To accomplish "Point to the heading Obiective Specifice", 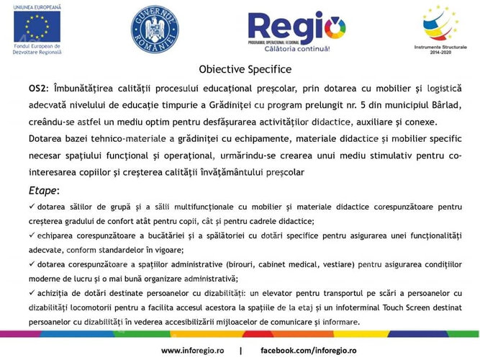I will [245, 70].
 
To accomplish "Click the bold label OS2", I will [37, 88].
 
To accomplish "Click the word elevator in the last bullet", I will [275, 293].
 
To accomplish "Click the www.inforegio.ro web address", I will [192, 350].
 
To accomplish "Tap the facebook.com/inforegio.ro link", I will [309, 350].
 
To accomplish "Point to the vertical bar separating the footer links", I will [240, 350].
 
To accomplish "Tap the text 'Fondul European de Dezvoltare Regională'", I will [36, 51].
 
